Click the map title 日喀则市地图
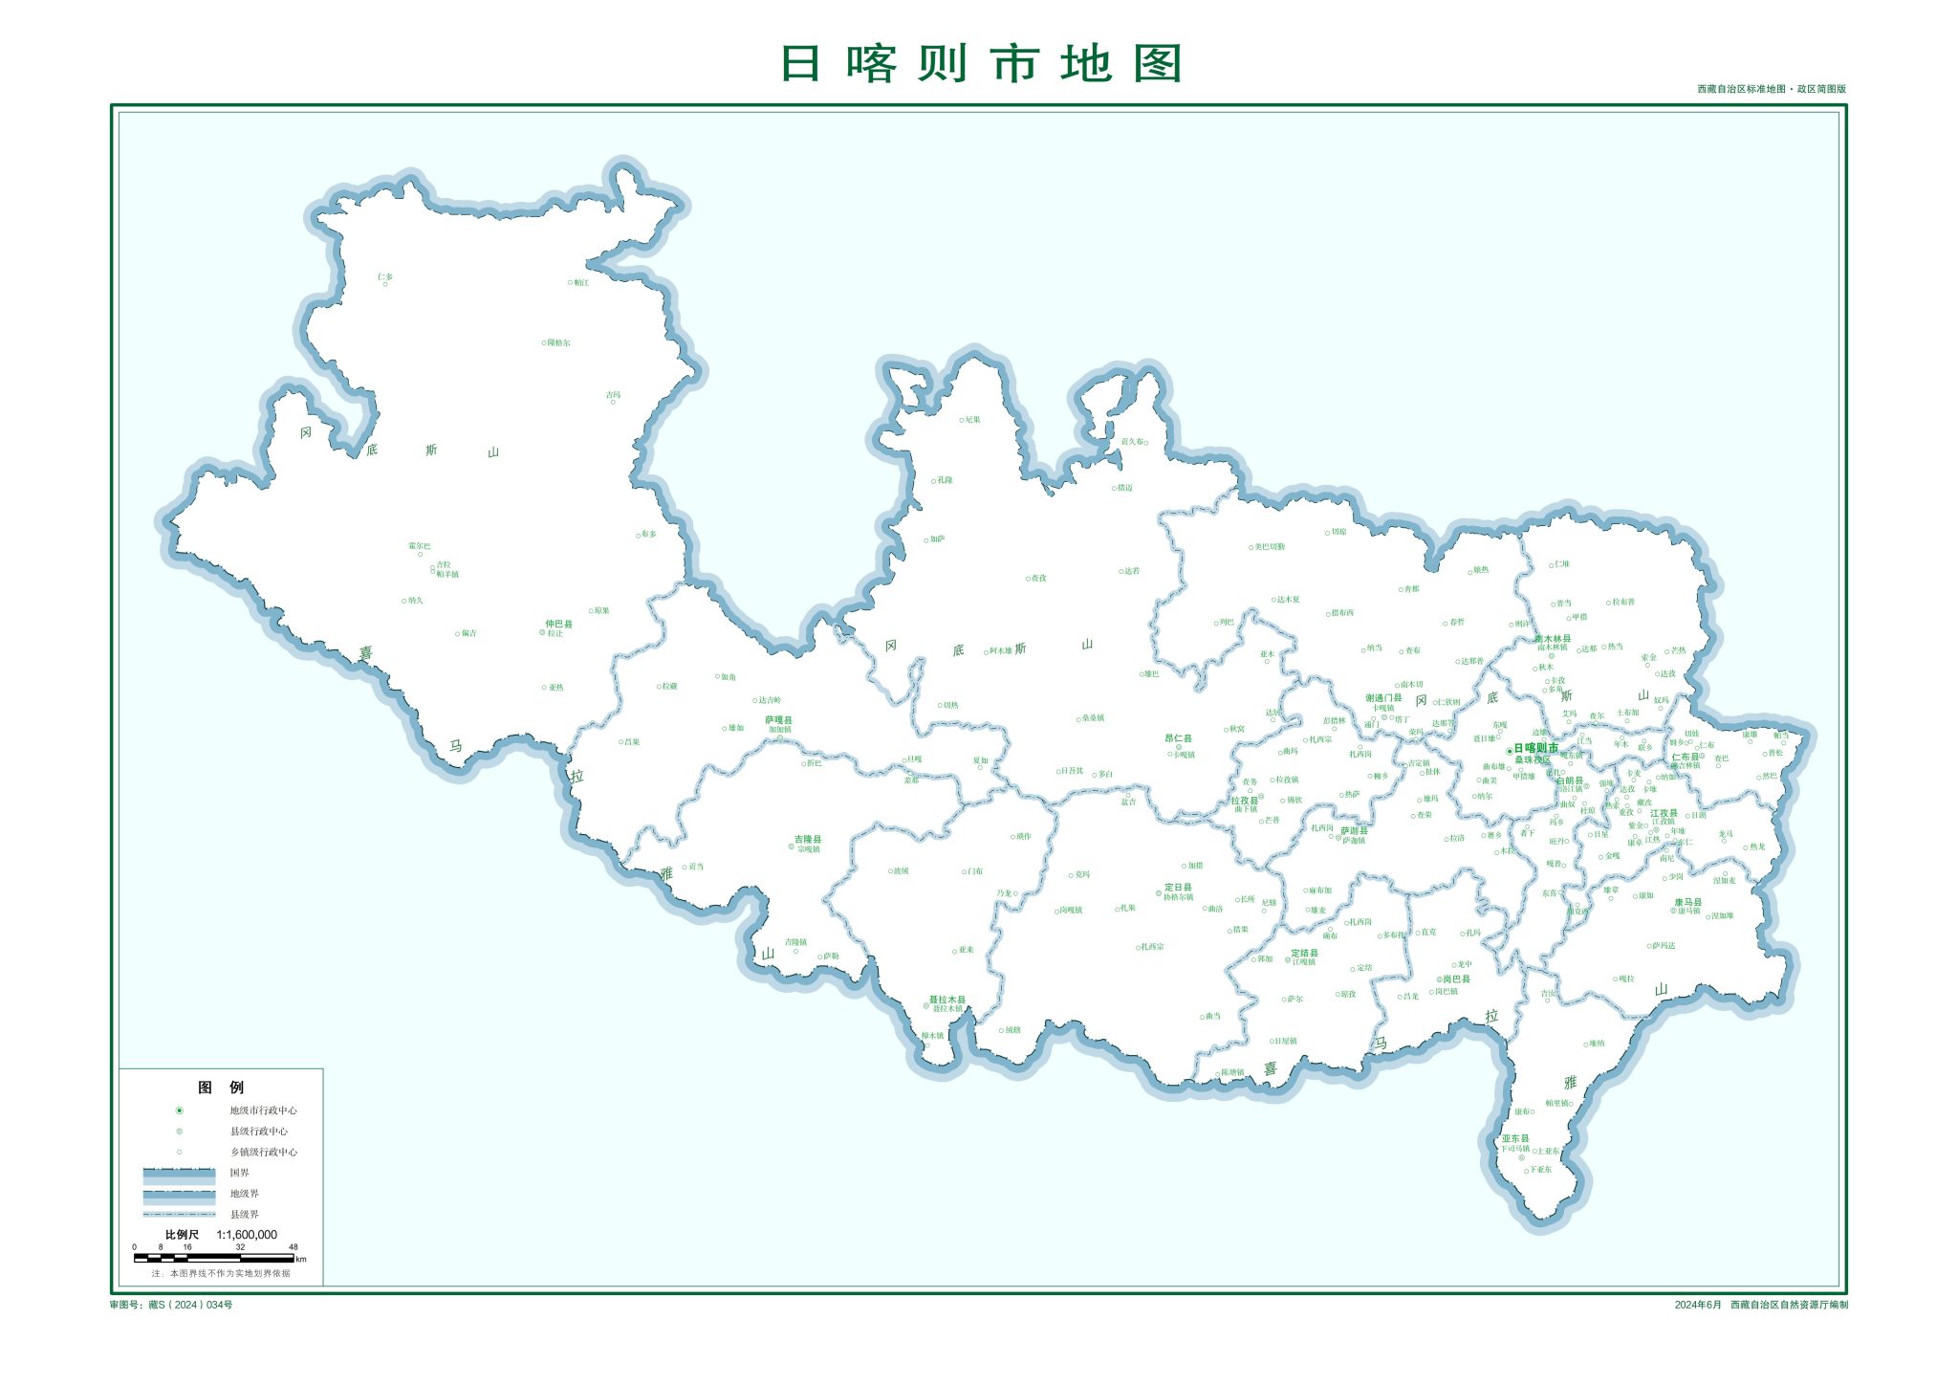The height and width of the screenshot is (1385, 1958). [981, 63]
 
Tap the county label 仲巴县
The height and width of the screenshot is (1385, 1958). [559, 624]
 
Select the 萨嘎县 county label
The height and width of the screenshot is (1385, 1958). [778, 719]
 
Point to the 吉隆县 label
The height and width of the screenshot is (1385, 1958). [808, 839]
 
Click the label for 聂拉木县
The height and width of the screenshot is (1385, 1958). [947, 1000]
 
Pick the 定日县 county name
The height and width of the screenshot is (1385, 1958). [1178, 888]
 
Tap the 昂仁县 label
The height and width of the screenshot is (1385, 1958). [1178, 738]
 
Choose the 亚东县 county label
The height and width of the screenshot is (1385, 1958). [1515, 1138]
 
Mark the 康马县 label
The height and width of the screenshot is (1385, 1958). [1688, 902]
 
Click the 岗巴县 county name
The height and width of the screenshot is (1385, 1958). [1456, 979]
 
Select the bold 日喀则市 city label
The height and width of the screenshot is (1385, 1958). [1535, 748]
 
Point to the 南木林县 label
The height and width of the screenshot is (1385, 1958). [1553, 639]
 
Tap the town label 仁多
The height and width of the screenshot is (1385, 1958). [385, 277]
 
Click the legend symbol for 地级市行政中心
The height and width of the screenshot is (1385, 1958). [179, 1110]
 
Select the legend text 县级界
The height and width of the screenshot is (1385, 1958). [245, 1214]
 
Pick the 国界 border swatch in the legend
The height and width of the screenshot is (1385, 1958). [179, 1173]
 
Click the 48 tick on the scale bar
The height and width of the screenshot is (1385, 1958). [294, 1247]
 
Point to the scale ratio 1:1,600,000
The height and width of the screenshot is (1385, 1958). [247, 1235]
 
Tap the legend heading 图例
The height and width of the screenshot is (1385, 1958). [221, 1088]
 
